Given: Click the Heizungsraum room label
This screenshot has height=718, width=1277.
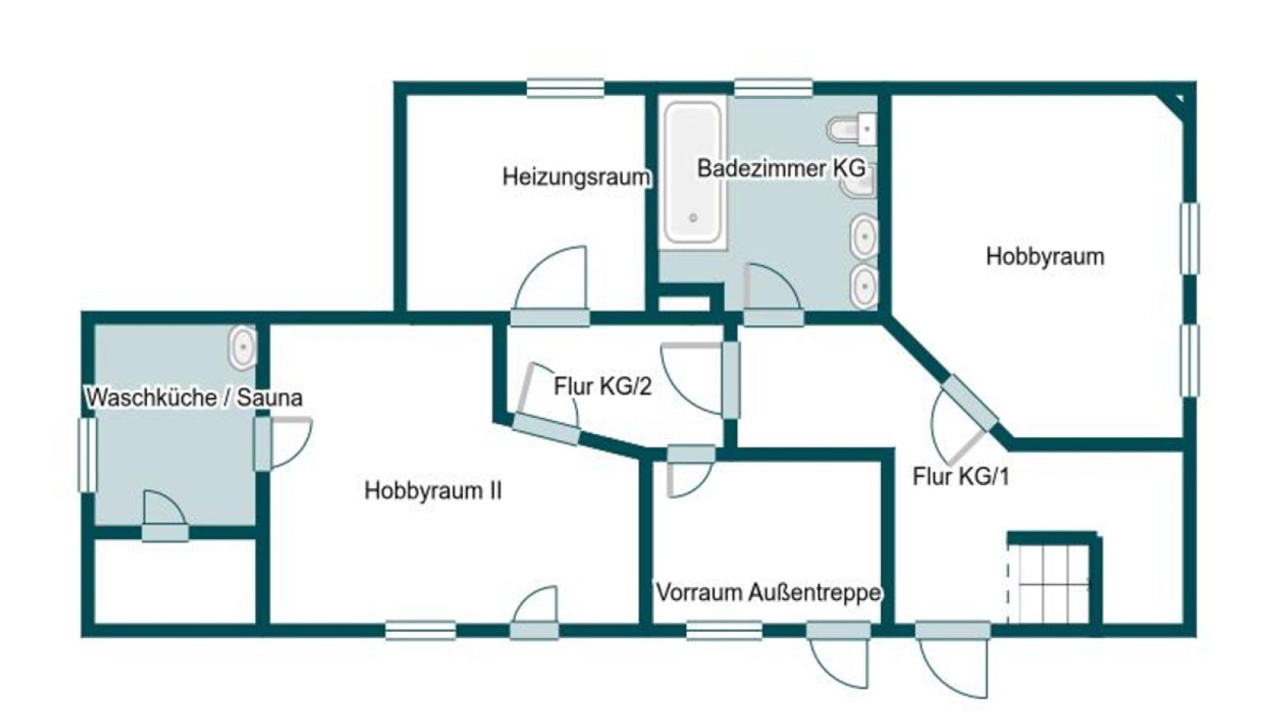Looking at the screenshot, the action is (575, 177).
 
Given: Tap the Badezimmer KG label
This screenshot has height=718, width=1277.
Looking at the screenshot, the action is (781, 168).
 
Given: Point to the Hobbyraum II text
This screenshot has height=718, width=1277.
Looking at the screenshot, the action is (433, 491).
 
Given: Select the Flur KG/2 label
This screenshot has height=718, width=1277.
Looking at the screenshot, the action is (603, 387).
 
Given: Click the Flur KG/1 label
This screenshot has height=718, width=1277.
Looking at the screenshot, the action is (961, 476).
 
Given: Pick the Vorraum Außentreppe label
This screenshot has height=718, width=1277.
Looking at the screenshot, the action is (769, 593).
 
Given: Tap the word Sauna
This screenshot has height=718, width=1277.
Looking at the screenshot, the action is (270, 397).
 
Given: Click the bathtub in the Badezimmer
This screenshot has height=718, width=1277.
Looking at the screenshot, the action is (693, 172).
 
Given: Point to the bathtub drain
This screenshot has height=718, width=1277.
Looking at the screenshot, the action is (694, 218).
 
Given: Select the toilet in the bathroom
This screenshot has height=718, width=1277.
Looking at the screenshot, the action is (851, 129).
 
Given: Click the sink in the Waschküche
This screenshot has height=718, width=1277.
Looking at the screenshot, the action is (243, 346).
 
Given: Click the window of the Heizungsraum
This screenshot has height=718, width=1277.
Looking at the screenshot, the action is (565, 89).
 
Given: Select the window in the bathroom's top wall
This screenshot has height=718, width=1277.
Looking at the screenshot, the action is (773, 89).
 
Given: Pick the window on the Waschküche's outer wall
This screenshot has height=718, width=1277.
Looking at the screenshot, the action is (87, 455).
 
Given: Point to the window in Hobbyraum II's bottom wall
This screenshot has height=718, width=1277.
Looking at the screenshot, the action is (420, 631).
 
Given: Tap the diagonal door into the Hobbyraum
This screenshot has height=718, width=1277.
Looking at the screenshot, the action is (969, 403).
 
